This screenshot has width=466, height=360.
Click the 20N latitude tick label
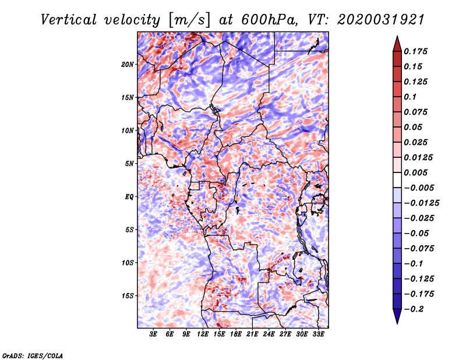(128, 65)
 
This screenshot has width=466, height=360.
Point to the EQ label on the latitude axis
(129, 197)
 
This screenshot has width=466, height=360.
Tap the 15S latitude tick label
(128, 296)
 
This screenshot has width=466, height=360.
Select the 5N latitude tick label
(129, 164)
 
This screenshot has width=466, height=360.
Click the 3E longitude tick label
(153, 334)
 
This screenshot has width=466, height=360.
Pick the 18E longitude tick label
(236, 334)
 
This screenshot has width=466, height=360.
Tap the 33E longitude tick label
(318, 334)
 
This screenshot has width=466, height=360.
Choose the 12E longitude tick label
(203, 334)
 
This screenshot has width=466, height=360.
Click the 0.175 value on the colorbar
(415, 51)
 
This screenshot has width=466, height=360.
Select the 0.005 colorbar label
(415, 172)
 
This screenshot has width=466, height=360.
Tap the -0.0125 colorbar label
(421, 203)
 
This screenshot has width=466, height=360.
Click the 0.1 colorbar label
(410, 97)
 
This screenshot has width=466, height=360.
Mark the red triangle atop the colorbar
(397, 44)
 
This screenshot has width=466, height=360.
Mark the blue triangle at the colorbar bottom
(397, 316)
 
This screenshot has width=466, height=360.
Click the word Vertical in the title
(69, 20)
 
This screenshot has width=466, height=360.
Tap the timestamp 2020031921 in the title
(381, 20)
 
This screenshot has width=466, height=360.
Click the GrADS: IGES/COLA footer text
(33, 355)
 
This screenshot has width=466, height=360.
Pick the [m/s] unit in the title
(189, 20)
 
